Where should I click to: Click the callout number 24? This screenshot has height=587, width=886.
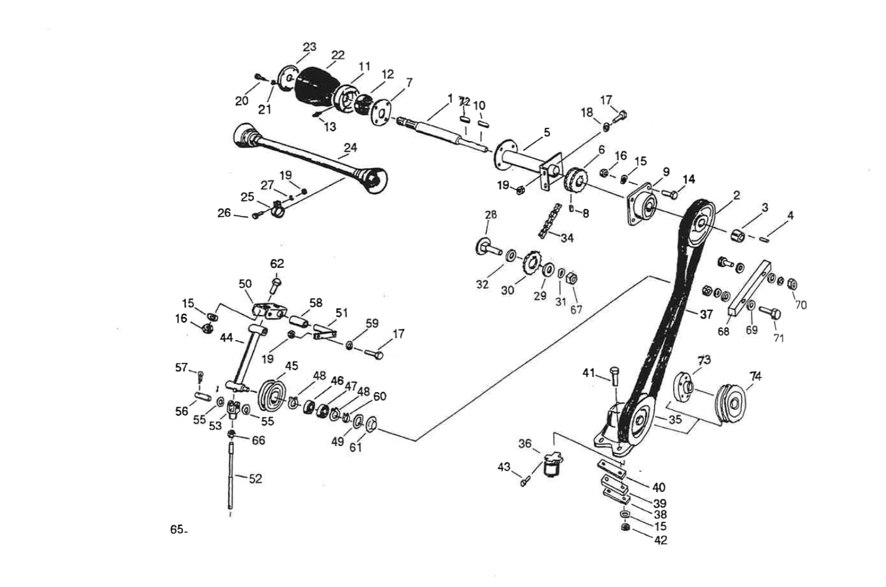coord(350,148)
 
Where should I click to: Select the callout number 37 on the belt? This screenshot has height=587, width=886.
coord(706,314)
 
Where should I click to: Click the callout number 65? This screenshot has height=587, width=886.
coord(176,529)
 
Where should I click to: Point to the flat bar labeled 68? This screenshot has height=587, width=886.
coord(748,287)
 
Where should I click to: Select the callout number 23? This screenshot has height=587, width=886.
coord(309,47)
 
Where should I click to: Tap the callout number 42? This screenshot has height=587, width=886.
coord(661,540)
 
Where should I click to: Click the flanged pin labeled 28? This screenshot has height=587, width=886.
coord(487,246)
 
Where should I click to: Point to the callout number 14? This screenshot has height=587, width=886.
coord(689,179)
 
